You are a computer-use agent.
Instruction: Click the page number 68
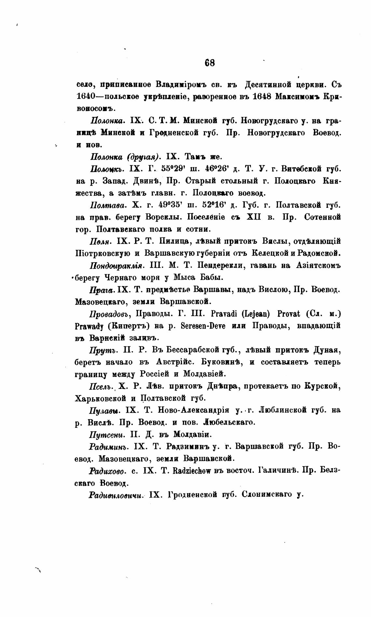(x=210, y=63)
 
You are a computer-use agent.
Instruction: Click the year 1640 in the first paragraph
(x=85, y=97)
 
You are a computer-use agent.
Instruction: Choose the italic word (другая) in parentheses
(x=143, y=157)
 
